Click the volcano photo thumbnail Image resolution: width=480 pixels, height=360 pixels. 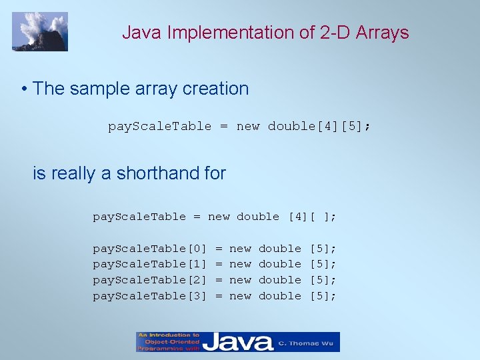coord(40,31)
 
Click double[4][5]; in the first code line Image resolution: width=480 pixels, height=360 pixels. coord(319,126)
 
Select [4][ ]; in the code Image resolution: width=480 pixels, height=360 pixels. coord(312,216)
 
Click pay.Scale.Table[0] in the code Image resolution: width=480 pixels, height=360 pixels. coord(150,248)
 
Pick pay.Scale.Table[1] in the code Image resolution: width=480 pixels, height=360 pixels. coord(150,264)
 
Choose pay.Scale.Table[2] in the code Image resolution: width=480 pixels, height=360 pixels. coord(150,280)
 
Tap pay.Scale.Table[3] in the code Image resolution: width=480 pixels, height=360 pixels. coord(150,296)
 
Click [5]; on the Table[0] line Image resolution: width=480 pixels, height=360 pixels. coord(323,248)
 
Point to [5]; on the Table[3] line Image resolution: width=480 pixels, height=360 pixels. coord(323,296)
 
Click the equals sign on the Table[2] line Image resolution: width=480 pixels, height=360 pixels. coord(219,280)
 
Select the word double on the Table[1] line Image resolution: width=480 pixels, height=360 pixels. coord(280,264)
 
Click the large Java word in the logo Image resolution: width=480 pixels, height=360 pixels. coord(237,343)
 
